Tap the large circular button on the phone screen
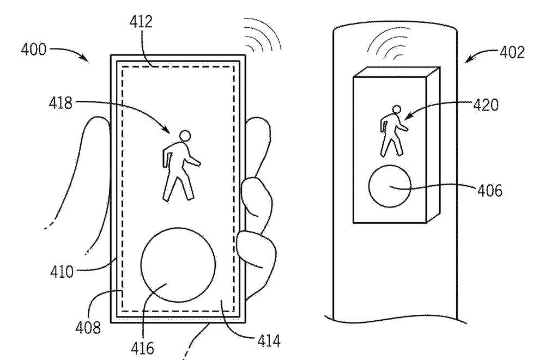(177, 263)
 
